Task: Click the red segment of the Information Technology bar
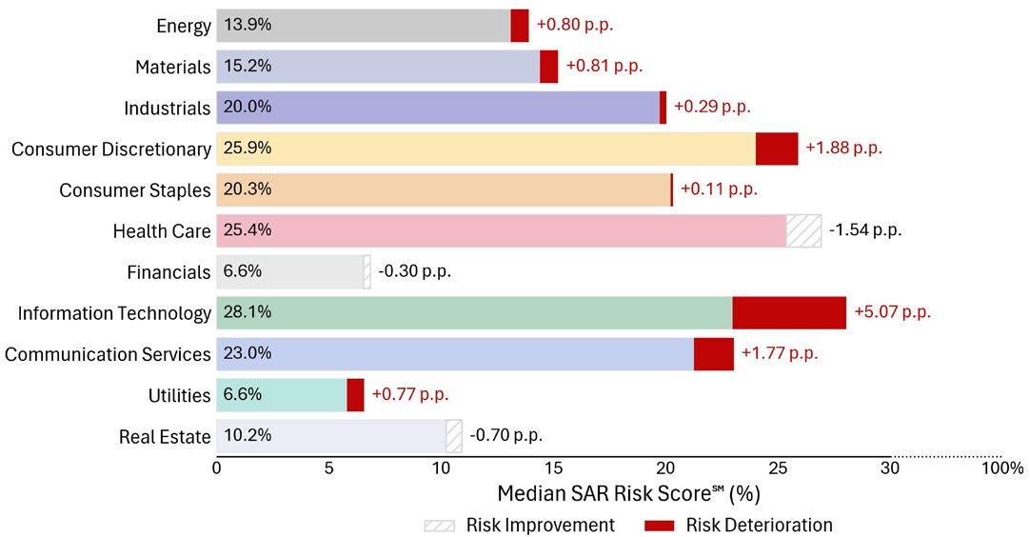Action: click(x=788, y=312)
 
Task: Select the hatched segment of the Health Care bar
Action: click(x=803, y=230)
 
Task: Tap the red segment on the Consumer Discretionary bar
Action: click(x=777, y=149)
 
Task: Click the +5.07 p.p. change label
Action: click(x=892, y=312)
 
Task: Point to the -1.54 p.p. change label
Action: click(x=864, y=230)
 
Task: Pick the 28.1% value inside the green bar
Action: click(x=248, y=312)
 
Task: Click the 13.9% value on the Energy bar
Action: click(x=248, y=25)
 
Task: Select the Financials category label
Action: click(x=168, y=272)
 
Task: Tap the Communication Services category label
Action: click(x=108, y=354)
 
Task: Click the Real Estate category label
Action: click(x=165, y=437)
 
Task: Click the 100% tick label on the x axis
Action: click(x=1003, y=468)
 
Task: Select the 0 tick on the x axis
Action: click(x=217, y=468)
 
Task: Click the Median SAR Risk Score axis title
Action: click(x=628, y=494)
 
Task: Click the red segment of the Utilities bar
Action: click(x=355, y=395)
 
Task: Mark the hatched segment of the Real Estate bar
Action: click(x=454, y=437)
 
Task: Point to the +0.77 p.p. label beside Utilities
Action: click(x=409, y=395)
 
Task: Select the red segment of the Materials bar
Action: click(x=548, y=67)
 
